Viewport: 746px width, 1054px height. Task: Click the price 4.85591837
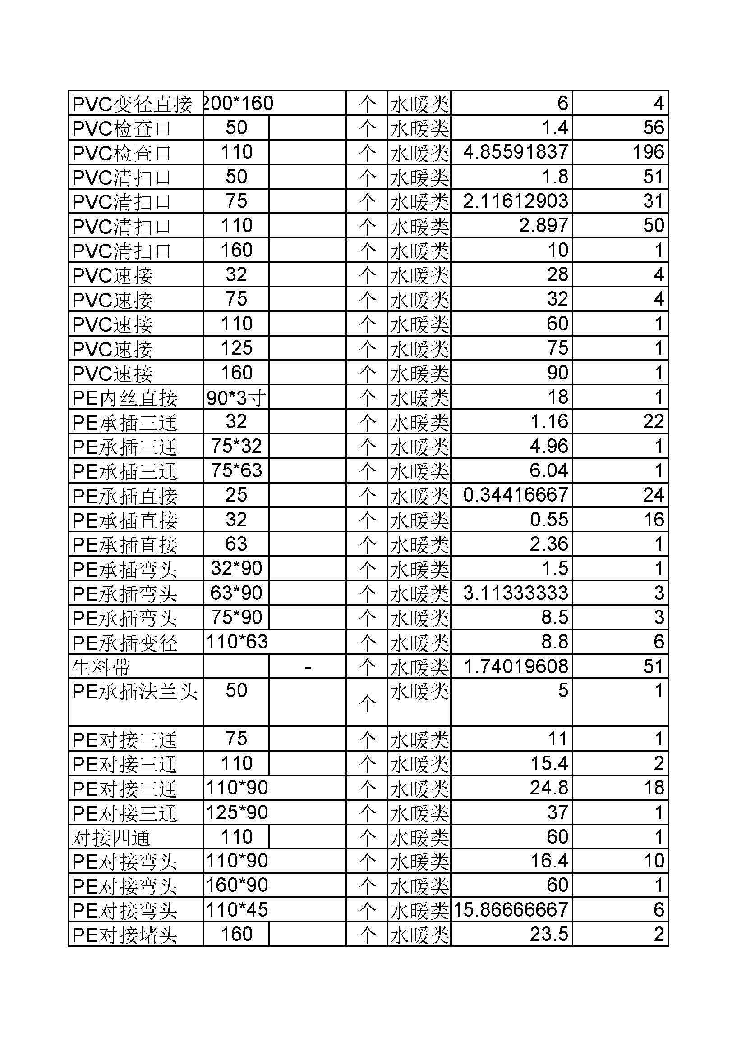pyautogui.click(x=516, y=152)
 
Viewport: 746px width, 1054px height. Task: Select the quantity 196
pyautogui.click(x=648, y=152)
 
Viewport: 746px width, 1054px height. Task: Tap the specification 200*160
pyautogui.click(x=239, y=103)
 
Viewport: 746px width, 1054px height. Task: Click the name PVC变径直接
pyautogui.click(x=132, y=104)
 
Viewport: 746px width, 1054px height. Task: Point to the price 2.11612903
pyautogui.click(x=516, y=201)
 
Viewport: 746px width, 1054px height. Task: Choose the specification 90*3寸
pyautogui.click(x=236, y=397)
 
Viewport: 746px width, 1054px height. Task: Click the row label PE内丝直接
pyautogui.click(x=125, y=397)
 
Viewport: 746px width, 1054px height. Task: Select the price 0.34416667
pyautogui.click(x=516, y=495)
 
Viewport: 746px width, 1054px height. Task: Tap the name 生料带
pyautogui.click(x=101, y=666)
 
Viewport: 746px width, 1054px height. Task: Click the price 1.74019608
pyautogui.click(x=516, y=666)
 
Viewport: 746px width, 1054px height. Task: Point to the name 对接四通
pyautogui.click(x=111, y=838)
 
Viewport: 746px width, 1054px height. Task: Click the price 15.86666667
pyautogui.click(x=511, y=911)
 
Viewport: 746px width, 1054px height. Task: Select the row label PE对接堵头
pyautogui.click(x=125, y=935)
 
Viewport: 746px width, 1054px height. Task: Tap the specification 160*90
pyautogui.click(x=237, y=886)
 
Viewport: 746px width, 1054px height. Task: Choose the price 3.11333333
pyautogui.click(x=516, y=593)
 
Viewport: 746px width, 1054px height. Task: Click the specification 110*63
pyautogui.click(x=237, y=642)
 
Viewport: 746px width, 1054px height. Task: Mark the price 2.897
pyautogui.click(x=543, y=225)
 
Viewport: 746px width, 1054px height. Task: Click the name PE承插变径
pyautogui.click(x=125, y=642)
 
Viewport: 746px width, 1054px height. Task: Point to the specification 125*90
pyautogui.click(x=237, y=813)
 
